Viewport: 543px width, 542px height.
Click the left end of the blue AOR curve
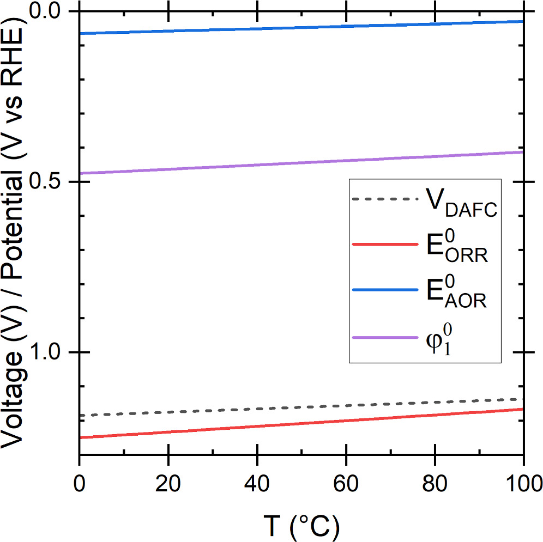[x=81, y=34]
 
